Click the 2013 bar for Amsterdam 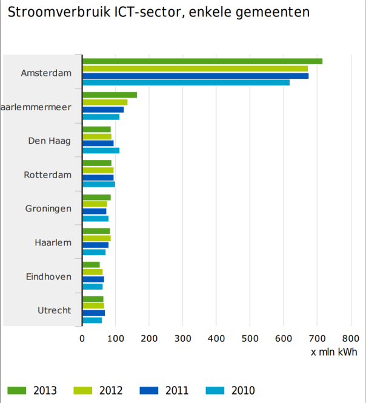point(202,61)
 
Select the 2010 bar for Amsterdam point(186,83)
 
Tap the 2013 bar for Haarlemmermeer point(110,95)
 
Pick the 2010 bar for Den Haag point(101,150)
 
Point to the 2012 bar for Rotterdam point(98,170)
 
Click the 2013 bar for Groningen point(96,197)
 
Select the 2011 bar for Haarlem point(95,245)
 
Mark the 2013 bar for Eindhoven point(91,265)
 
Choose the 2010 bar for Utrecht point(92,320)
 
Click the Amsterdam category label point(46,73)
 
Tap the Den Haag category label point(50,141)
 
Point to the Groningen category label point(48,208)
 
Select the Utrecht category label point(55,310)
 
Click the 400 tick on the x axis point(216,338)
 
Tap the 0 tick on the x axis point(82,338)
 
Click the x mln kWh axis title point(334,352)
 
